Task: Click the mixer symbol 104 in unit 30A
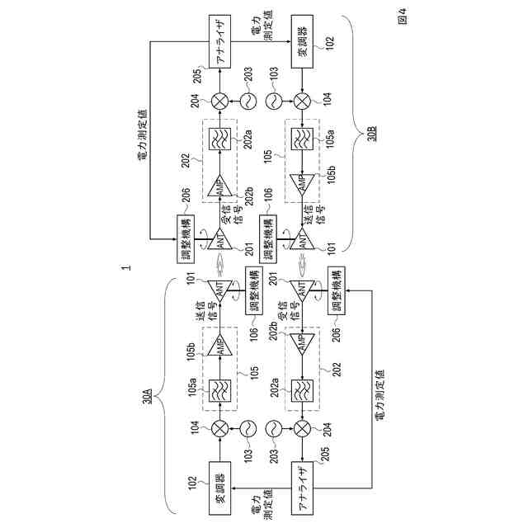(220, 427)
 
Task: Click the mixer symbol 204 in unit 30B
(220, 100)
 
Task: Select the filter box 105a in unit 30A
(220, 388)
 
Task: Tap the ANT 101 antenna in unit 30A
(220, 290)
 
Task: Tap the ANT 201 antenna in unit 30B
(220, 238)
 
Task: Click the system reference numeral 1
(125, 268)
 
